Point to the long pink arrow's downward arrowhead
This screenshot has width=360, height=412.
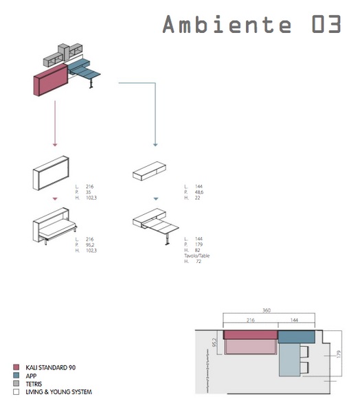55,144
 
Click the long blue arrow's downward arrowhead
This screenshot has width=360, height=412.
155,144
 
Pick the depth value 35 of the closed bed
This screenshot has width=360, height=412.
89,192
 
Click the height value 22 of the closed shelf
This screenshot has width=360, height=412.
197,198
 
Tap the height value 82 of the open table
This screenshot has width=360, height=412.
197,250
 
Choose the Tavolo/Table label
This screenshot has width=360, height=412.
196,255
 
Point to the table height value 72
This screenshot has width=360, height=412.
199,262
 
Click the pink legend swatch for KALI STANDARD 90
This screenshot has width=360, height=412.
16,368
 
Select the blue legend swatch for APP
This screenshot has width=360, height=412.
16,376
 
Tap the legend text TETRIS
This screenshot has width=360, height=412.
33,384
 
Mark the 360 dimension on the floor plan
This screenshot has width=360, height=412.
267,310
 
